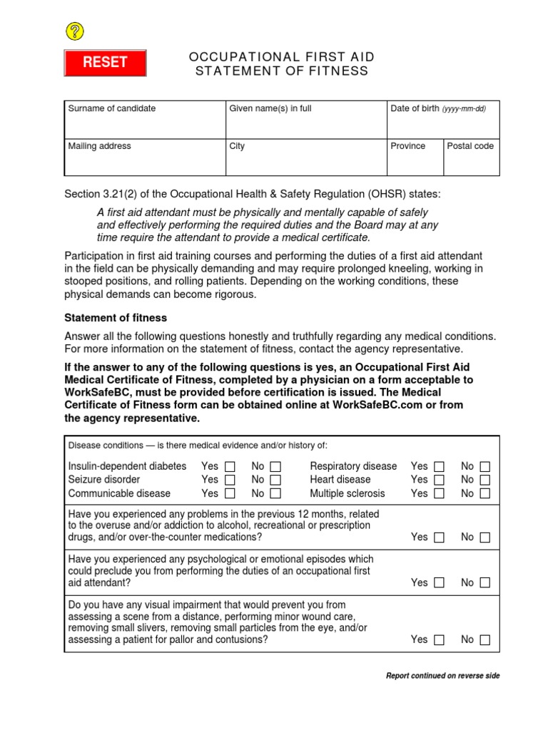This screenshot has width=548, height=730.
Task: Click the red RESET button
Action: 106,63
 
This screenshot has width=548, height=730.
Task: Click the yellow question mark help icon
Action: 75,31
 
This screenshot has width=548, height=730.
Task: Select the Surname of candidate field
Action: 145,125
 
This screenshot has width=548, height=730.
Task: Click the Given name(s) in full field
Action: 306,125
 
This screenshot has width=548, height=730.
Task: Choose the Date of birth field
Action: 443,125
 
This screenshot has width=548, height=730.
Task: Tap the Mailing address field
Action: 145,162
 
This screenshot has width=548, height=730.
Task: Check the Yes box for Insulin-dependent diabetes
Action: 230,466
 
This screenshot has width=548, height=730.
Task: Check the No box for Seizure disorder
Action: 275,480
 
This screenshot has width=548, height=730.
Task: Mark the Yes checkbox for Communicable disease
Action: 230,493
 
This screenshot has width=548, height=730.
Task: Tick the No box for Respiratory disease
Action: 485,466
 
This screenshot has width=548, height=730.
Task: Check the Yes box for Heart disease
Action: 439,480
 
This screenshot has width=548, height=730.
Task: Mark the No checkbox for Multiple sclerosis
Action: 485,493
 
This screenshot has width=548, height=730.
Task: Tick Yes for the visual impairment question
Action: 439,640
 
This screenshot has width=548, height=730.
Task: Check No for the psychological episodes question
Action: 485,583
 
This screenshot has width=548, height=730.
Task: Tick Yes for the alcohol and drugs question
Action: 439,538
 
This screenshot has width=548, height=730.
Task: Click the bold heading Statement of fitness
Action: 116,317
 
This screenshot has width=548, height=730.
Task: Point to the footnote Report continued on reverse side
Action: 442,676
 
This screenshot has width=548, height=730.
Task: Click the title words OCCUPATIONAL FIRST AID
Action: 282,57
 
